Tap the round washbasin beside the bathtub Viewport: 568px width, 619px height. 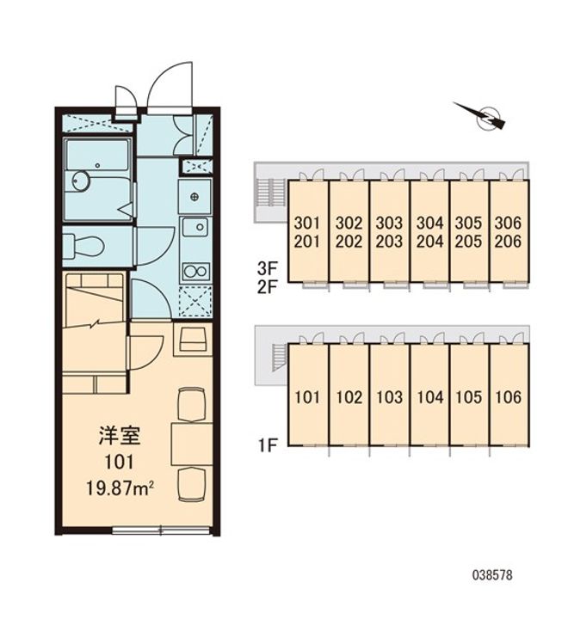tap(82, 181)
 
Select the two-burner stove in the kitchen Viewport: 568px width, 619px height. tap(194, 272)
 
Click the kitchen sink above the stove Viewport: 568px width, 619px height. tap(194, 227)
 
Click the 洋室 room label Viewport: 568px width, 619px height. tap(119, 436)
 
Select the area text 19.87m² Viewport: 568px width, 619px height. tap(120, 488)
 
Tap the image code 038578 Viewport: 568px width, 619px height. tap(492, 575)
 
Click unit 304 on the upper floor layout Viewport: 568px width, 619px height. tap(429, 224)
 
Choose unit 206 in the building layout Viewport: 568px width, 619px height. tap(508, 242)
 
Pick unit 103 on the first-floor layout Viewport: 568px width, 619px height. tap(389, 397)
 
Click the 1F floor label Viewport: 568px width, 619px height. tap(267, 445)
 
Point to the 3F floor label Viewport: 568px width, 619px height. tap(267, 269)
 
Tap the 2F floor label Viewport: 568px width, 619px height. tap(267, 287)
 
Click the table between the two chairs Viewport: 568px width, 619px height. tap(192, 444)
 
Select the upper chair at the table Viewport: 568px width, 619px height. tap(192, 404)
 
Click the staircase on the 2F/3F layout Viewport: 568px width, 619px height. tap(272, 193)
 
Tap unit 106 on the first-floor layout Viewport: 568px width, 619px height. tap(509, 397)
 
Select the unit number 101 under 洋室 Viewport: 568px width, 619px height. tap(119, 462)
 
